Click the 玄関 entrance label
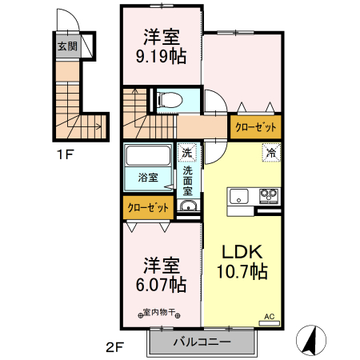tap(66, 46)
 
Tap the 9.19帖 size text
tap(162, 58)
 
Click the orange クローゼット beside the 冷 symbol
tap(256, 127)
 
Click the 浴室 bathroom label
tap(148, 177)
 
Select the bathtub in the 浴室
tap(148, 157)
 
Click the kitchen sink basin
tap(241, 196)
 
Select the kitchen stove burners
tap(266, 196)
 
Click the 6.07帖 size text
tap(161, 283)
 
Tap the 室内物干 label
tap(161, 313)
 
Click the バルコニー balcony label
tap(202, 342)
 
